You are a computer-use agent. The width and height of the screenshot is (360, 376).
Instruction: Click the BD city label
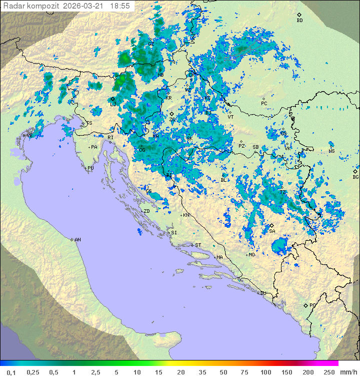tap(299, 21)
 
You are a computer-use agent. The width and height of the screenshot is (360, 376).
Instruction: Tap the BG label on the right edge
tap(355, 177)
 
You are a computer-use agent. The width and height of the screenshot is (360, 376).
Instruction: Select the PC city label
tap(264, 104)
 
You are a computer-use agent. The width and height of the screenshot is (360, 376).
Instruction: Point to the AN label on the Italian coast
tap(77, 240)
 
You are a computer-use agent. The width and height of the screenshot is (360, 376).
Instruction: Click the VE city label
tap(29, 136)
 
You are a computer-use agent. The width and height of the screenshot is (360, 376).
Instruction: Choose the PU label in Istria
tap(90, 168)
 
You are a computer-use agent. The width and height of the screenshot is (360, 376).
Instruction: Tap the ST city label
tap(198, 245)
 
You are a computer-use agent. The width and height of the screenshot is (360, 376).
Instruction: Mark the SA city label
tap(272, 231)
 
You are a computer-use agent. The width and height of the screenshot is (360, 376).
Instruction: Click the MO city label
tap(252, 255)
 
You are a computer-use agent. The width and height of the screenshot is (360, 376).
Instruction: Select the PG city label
tap(312, 305)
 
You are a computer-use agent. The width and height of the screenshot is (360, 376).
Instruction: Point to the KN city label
tap(186, 215)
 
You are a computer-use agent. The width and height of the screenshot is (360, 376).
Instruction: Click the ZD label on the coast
tap(146, 211)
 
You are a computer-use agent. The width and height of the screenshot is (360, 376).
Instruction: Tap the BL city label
tap(223, 180)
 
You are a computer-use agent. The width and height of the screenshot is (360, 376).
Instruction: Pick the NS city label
tap(331, 151)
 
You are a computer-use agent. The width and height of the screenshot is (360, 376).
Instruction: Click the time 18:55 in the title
tap(120, 6)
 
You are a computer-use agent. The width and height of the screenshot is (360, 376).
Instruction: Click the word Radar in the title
tap(13, 6)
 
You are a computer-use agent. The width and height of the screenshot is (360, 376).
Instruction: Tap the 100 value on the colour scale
tap(266, 371)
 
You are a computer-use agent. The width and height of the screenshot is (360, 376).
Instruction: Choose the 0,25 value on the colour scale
tap(33, 371)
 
